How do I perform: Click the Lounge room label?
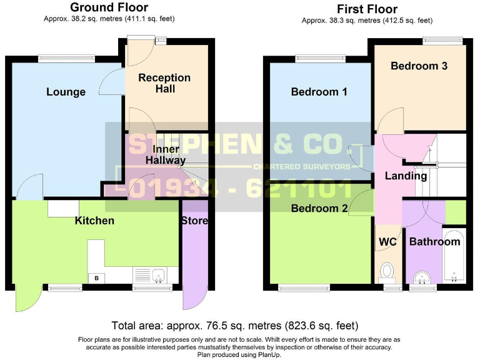point(66,92)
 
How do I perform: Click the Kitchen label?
point(94,220)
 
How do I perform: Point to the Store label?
point(194,220)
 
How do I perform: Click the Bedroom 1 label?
point(319,92)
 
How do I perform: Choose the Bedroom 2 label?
point(319,209)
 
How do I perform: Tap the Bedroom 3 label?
point(419,66)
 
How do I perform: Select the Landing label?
point(406,176)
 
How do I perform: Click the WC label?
point(387,242)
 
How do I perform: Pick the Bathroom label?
point(434,242)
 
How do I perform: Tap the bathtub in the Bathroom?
point(453,257)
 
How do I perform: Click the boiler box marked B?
point(96,278)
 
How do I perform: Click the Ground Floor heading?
point(109,7)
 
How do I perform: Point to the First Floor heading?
point(367,9)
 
